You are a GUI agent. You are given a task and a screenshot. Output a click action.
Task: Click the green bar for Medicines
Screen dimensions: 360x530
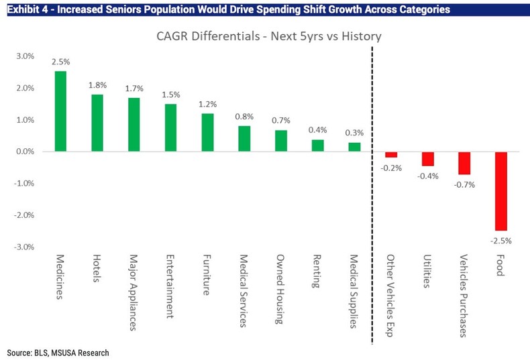tap(60, 111)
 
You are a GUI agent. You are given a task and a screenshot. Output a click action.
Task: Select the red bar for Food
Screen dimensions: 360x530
tap(501, 191)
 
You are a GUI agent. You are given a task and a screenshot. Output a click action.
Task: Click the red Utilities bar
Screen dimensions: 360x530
tap(427, 159)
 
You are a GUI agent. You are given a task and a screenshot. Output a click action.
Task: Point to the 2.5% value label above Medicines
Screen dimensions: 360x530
tap(60, 62)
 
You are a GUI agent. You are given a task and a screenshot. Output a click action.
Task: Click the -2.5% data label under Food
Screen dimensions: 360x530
tap(501, 239)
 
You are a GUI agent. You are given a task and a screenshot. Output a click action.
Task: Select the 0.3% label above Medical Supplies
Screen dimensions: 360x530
tap(354, 133)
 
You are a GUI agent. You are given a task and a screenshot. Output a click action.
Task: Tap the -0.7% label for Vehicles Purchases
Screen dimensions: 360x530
tap(464, 184)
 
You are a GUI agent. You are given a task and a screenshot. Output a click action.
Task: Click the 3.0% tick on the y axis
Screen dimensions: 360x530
tap(25, 56)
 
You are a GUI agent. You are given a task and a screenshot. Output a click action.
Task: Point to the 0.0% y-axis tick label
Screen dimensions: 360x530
tap(25, 152)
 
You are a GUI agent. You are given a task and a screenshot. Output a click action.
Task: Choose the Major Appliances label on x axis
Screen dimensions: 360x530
tap(134, 292)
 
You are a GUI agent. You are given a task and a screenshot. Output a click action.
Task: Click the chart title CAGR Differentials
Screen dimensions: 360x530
tap(269, 36)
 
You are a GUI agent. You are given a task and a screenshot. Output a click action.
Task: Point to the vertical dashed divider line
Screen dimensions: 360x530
tap(372, 201)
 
